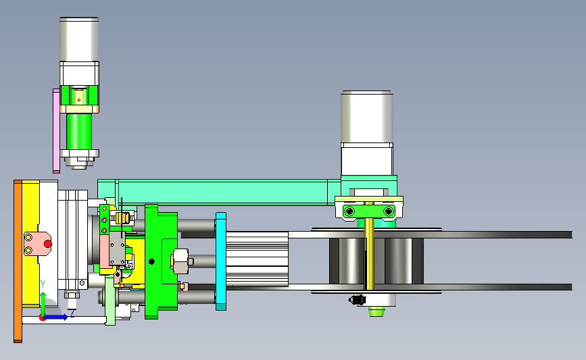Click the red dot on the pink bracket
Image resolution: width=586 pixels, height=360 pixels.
click(x=48, y=244)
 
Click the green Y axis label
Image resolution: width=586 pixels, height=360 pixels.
click(x=43, y=284)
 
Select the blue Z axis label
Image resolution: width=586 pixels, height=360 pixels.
click(x=72, y=313)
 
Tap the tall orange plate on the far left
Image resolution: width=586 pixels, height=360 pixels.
click(x=18, y=261)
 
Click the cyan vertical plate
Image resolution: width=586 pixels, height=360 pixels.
click(x=221, y=261)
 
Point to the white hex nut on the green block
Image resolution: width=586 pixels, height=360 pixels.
click(x=181, y=261)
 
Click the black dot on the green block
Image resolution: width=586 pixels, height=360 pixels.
click(x=151, y=261)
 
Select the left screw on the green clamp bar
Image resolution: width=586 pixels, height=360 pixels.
click(x=349, y=211)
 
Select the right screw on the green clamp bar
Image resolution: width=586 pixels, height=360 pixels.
click(x=389, y=211)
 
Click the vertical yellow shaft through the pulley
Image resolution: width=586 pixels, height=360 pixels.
click(x=369, y=246)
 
